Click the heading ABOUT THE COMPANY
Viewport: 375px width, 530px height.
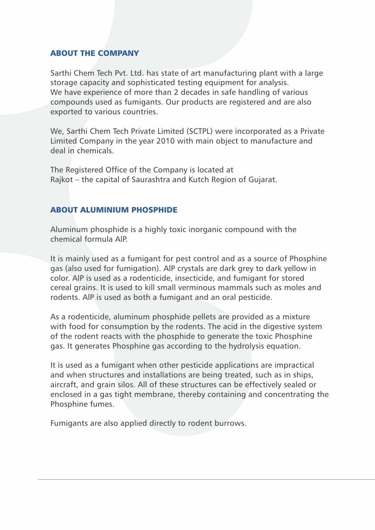(94, 53)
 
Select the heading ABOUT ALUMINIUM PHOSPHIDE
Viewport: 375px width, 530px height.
(114, 210)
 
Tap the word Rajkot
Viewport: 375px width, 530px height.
(61, 180)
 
